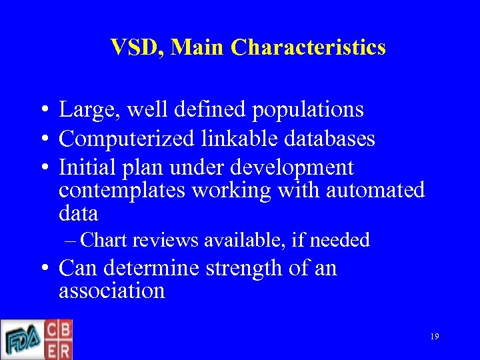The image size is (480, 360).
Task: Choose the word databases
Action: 329,139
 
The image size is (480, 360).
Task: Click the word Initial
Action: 85,167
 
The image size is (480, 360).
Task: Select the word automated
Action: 375,191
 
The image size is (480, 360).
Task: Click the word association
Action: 111,291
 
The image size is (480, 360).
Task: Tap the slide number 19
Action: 434,337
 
